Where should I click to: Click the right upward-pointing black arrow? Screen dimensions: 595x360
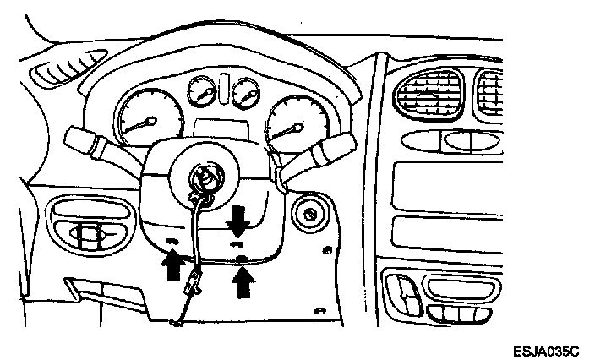(x=244, y=282)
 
